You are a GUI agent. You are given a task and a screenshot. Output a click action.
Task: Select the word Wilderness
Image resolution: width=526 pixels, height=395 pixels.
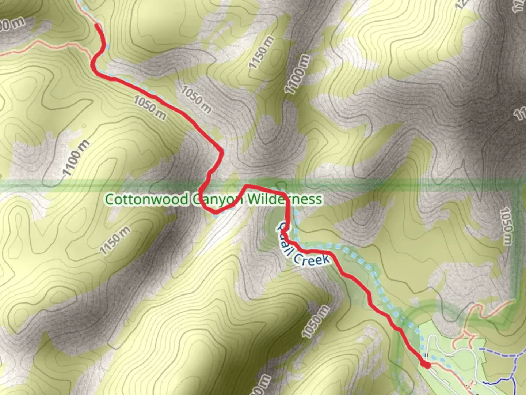285,199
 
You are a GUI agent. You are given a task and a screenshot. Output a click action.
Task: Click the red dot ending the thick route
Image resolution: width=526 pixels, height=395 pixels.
425,364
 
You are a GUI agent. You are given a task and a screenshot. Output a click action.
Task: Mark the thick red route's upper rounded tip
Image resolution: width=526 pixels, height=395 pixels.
97,26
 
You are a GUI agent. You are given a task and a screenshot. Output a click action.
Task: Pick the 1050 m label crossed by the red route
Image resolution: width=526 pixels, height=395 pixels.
150,107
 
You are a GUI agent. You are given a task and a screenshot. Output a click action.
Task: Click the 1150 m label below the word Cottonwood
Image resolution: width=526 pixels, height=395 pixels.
115,240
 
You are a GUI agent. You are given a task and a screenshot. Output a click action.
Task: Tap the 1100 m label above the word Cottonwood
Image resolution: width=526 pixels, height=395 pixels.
75,158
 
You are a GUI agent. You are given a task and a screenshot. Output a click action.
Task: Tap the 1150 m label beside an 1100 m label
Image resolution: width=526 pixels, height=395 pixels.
261,52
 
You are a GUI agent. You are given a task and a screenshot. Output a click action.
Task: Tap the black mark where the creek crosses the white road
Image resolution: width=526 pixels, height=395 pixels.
426,355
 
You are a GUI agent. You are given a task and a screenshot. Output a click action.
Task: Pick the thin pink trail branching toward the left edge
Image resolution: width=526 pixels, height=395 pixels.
37,47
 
